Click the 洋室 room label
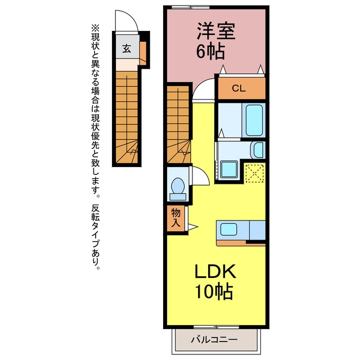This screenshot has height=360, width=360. [x=216, y=31]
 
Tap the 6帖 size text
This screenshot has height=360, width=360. [x=210, y=51]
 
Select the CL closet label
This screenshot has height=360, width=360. [x=238, y=88]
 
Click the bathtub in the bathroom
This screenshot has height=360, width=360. [x=254, y=120]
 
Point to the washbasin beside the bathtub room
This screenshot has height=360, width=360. [x=258, y=150]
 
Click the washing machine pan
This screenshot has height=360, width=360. [x=229, y=169]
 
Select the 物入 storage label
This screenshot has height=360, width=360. [x=175, y=218]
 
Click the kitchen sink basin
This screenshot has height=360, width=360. [x=229, y=229]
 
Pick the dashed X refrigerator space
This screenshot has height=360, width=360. [x=255, y=173]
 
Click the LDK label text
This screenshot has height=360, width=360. [x=215, y=272]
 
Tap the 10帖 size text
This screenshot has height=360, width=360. [x=214, y=291]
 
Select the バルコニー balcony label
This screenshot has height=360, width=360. [x=214, y=340]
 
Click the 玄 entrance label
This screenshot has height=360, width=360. [x=127, y=48]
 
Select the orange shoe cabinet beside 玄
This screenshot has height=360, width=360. [x=143, y=53]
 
